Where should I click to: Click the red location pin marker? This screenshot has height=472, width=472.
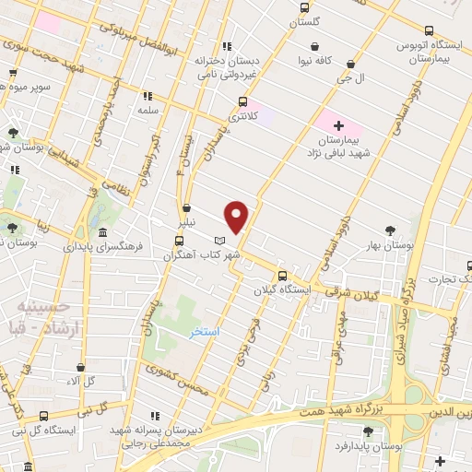click(237, 216)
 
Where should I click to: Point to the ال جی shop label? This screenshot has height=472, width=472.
click(354, 79)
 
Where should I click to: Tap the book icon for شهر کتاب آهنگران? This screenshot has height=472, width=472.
click(218, 241)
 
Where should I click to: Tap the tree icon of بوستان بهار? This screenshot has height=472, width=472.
click(391, 231)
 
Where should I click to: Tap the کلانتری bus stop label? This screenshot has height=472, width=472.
click(242, 117)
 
